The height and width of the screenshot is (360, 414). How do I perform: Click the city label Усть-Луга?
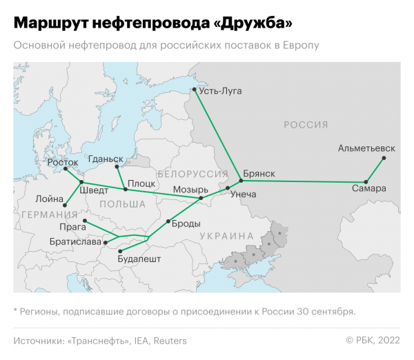click(221, 91)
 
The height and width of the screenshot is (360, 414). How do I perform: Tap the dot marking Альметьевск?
click(384, 158)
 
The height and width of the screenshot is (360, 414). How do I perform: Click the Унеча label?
click(243, 194)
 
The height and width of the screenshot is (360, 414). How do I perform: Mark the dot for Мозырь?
click(201, 199)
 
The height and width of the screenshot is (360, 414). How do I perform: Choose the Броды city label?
click(186, 223)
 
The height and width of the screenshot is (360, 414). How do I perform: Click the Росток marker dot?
click(65, 169)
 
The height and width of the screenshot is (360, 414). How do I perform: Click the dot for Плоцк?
click(125, 189)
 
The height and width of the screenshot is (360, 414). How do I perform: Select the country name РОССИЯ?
click(306, 124)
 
